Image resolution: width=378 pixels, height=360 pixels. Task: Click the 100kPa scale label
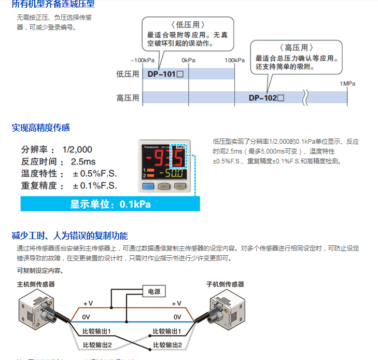coord(234,60)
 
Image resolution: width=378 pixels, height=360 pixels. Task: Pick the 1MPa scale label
coord(347,84)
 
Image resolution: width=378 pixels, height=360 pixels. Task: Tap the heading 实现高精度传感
coord(41,127)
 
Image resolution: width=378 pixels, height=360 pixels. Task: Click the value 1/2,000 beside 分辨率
coord(77,149)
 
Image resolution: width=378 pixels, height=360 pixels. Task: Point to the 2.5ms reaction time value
coord(83,161)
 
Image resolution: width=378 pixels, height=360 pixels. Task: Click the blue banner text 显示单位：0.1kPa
coord(110,204)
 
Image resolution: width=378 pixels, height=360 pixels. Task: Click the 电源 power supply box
coord(155,292)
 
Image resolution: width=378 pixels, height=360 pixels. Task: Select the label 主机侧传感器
coord(36,284)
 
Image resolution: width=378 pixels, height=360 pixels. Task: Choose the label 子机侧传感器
coord(225,284)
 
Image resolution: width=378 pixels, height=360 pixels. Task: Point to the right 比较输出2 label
coord(167,344)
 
